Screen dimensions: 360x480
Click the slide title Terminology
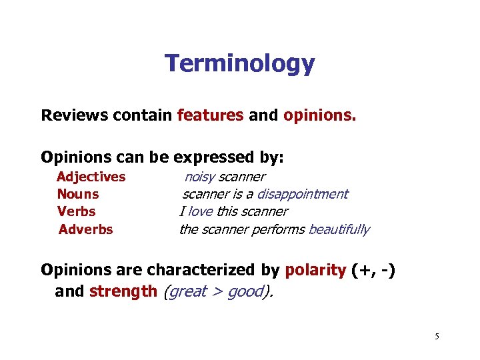click(239, 64)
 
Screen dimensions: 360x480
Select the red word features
click(210, 115)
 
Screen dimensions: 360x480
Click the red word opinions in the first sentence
click(319, 115)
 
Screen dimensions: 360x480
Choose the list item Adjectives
click(91, 177)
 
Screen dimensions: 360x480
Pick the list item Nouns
click(78, 194)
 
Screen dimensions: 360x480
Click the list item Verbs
click(77, 211)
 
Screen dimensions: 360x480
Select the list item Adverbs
click(86, 229)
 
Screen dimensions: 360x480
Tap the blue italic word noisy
click(199, 177)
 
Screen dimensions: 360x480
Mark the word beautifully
click(339, 229)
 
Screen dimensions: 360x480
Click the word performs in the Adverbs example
click(280, 229)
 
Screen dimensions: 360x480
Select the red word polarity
click(315, 270)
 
